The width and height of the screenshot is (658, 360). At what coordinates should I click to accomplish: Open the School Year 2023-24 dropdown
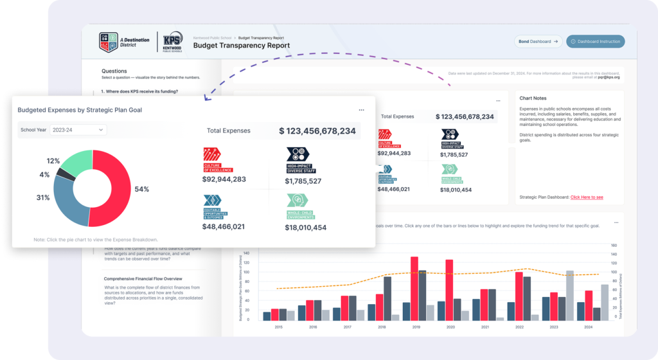(x=78, y=130)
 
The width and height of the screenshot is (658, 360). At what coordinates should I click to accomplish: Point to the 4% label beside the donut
(x=44, y=175)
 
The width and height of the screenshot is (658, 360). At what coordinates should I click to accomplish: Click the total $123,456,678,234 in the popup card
(x=317, y=130)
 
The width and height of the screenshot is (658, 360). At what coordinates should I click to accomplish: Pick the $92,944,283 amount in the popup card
(x=225, y=180)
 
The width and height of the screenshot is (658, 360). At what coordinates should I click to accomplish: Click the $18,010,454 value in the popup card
(x=307, y=228)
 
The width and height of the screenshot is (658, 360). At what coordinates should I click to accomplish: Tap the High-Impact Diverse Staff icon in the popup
(x=298, y=154)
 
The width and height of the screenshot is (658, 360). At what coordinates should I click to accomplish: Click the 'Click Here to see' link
(x=587, y=197)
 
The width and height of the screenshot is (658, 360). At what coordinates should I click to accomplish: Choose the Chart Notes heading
(x=533, y=98)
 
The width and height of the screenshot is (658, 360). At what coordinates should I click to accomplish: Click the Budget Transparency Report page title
(x=241, y=46)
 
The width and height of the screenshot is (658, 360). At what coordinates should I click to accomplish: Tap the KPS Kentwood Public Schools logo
(x=172, y=42)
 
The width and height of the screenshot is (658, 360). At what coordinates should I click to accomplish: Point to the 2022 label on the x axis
(x=519, y=327)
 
